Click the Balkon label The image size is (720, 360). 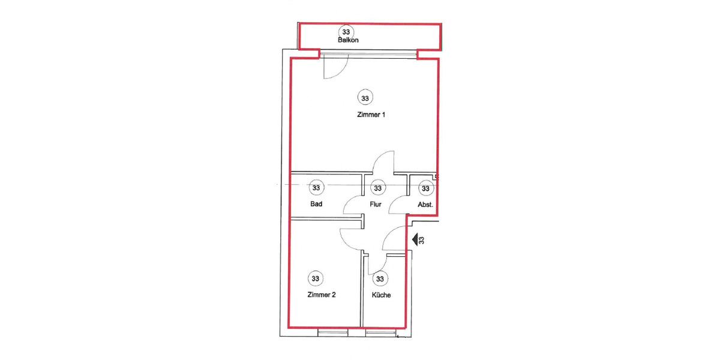pyautogui.click(x=348, y=41)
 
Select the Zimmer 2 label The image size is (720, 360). pyautogui.click(x=321, y=295)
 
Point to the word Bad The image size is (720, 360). pyautogui.click(x=317, y=205)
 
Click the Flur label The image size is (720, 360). pyautogui.click(x=376, y=205)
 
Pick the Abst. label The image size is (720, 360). pyautogui.click(x=425, y=205)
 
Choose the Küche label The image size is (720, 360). pyautogui.click(x=382, y=295)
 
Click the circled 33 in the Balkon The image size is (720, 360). pyautogui.click(x=346, y=31)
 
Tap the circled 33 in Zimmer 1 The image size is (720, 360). pyautogui.click(x=364, y=97)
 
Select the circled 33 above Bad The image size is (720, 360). pyautogui.click(x=317, y=188)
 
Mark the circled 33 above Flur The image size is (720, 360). pyautogui.click(x=377, y=188)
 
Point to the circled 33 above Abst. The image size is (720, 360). pyautogui.click(x=425, y=188)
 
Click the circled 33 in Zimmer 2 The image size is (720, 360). pyautogui.click(x=316, y=278)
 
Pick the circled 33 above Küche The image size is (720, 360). pyautogui.click(x=380, y=279)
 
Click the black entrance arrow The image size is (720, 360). pyautogui.click(x=415, y=240)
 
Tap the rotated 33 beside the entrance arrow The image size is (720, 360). pyautogui.click(x=422, y=240)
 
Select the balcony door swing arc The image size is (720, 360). pyautogui.click(x=334, y=68)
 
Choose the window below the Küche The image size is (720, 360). pyautogui.click(x=380, y=332)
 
